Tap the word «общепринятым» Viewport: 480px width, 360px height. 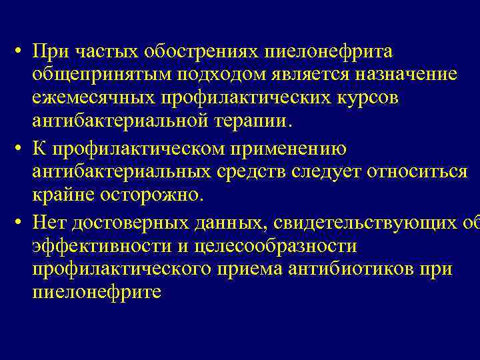coord(93,75)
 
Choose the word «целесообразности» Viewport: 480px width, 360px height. coord(275,245)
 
